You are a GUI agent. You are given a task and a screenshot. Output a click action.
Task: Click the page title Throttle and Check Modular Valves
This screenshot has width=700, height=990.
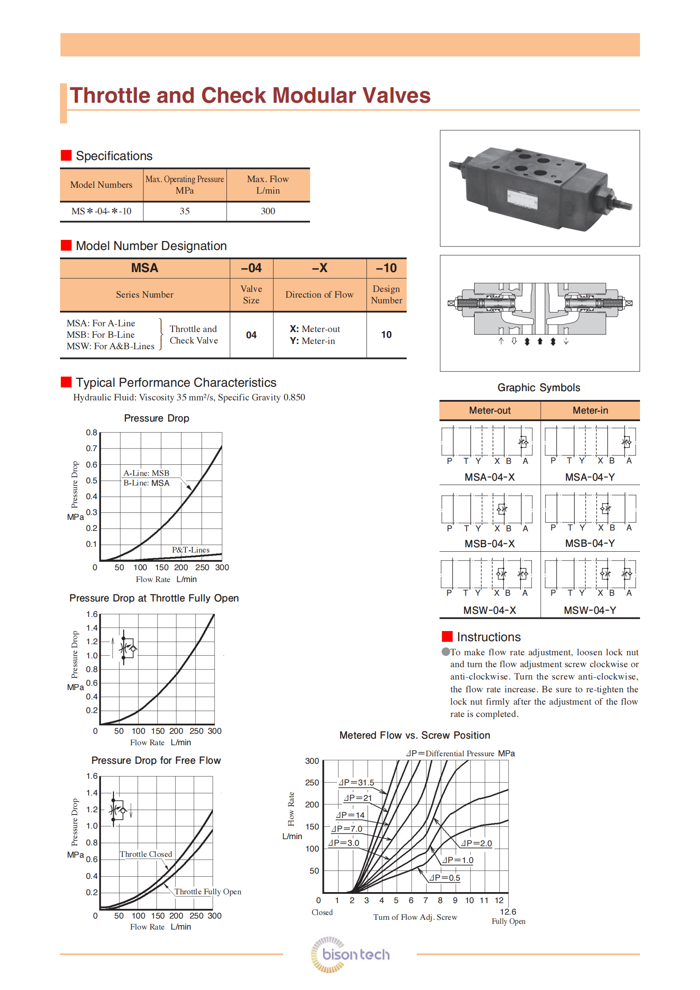pyautogui.click(x=250, y=96)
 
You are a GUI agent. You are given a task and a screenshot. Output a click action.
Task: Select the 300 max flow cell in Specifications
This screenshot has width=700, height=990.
pyautogui.click(x=268, y=211)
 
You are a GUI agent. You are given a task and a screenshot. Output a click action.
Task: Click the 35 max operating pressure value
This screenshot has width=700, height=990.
pyautogui.click(x=184, y=211)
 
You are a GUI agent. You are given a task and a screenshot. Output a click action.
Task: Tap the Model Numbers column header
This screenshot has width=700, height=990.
pyautogui.click(x=101, y=185)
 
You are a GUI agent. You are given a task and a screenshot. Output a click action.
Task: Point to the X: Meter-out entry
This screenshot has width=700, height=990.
pyautogui.click(x=314, y=329)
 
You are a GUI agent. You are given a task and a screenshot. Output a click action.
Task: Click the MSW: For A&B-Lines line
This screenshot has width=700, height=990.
pyautogui.click(x=110, y=346)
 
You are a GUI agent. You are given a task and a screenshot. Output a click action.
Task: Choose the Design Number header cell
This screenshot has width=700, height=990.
pyautogui.click(x=386, y=295)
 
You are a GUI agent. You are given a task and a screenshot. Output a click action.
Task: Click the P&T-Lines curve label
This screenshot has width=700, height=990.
pyautogui.click(x=191, y=550)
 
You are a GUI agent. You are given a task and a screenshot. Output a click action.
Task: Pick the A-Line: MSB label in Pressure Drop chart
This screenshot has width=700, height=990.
pyautogui.click(x=146, y=473)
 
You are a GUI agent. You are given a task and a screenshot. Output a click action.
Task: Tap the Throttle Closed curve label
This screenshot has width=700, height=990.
pyautogui.click(x=146, y=854)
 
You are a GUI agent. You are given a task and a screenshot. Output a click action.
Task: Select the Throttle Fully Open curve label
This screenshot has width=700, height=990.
pyautogui.click(x=208, y=892)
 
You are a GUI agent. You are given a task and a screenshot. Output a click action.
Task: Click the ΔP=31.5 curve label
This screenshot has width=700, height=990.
pyautogui.click(x=356, y=783)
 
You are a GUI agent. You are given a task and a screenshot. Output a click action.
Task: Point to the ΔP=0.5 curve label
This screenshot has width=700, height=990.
pyautogui.click(x=445, y=878)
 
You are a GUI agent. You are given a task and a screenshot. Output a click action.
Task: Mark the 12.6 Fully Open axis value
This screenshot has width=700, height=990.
pyautogui.click(x=508, y=912)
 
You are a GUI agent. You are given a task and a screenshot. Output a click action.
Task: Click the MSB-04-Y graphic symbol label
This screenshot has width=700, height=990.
pyautogui.click(x=590, y=543)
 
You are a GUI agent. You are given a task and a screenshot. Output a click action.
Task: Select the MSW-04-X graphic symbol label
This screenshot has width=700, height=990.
pyautogui.click(x=490, y=610)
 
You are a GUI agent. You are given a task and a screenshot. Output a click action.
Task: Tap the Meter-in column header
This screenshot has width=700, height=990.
pyautogui.click(x=590, y=411)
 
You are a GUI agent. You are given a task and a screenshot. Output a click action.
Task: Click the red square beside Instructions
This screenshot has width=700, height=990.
pyautogui.click(x=447, y=636)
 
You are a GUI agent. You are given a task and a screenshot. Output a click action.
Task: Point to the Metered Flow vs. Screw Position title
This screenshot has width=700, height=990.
pyautogui.click(x=415, y=735)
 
